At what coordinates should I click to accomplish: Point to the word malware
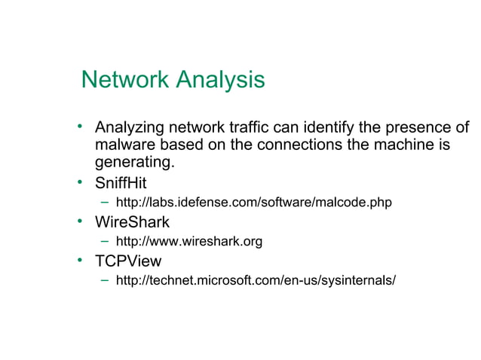(123, 145)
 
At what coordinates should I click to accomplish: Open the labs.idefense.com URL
(253, 203)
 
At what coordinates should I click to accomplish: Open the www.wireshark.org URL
(188, 242)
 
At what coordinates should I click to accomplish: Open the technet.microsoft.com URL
(255, 281)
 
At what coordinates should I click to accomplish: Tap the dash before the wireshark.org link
(106, 242)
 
